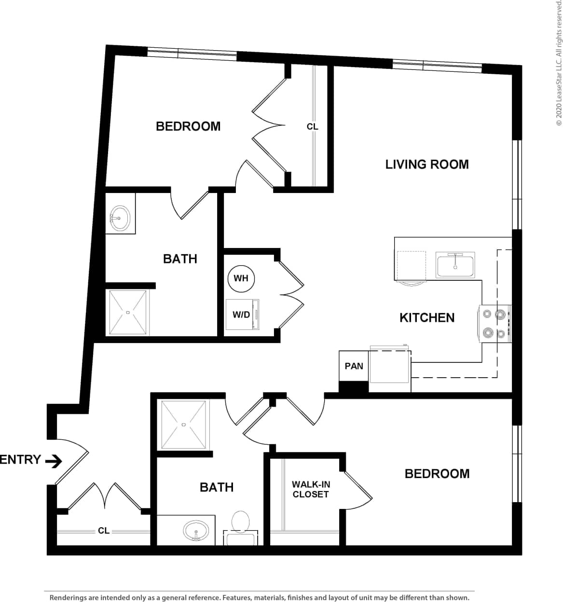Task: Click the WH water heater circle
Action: coord(241,278)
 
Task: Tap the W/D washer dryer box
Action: coord(243,315)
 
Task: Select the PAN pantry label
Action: coord(354,366)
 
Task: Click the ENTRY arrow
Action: coord(54,461)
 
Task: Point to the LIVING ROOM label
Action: coord(427,164)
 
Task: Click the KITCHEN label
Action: coord(427,317)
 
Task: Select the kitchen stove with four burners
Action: coord(494,323)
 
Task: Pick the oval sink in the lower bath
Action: coord(196,531)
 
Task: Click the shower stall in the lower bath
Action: coord(184,424)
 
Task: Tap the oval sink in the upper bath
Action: coord(120,219)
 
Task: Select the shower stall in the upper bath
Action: coord(127,312)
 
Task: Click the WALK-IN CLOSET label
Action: coord(310,489)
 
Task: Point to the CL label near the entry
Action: coord(104,531)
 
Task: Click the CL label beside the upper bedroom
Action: coord(313,127)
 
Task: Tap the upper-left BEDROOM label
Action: coord(188,126)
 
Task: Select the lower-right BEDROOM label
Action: coord(437,474)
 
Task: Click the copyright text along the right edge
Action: coord(559,63)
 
